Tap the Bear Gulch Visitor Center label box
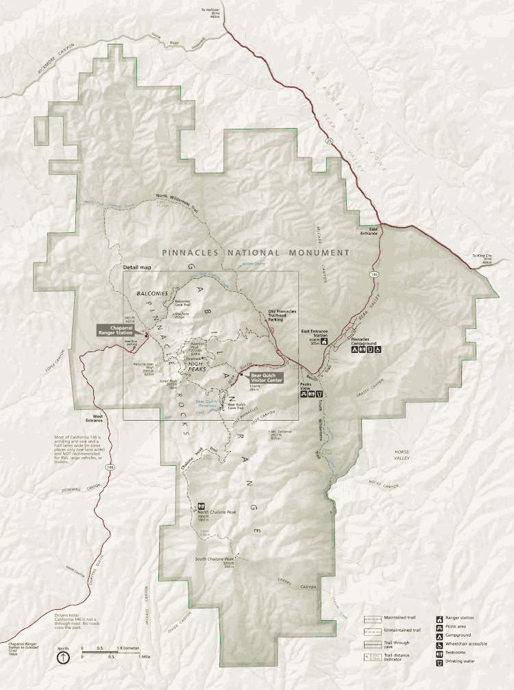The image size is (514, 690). click(267, 378)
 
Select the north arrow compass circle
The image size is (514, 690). click(63, 656)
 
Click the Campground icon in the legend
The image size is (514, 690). click(439, 635)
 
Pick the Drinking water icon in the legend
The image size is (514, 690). click(439, 662)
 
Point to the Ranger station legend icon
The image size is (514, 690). click(439, 617)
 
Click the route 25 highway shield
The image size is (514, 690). click(330, 140)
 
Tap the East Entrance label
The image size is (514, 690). click(369, 231)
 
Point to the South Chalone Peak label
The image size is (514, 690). click(215, 558)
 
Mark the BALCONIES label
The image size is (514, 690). click(151, 293)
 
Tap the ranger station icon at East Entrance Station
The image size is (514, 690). click(326, 341)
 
